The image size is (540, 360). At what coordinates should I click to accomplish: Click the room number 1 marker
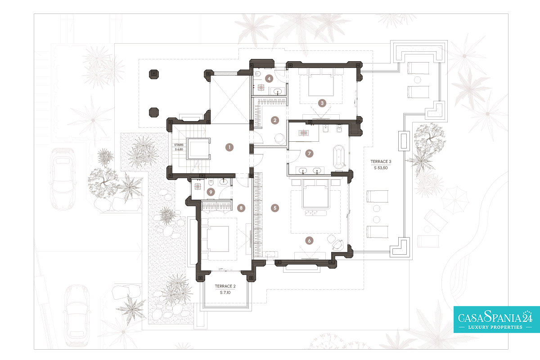229,147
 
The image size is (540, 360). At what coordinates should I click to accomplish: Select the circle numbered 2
274,120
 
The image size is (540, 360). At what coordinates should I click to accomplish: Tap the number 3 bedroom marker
322,103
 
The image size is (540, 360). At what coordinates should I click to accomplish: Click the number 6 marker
309,240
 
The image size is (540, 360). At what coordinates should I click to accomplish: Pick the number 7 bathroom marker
309,153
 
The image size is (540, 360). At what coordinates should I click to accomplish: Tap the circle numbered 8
241,208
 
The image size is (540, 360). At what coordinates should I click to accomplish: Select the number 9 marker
210,191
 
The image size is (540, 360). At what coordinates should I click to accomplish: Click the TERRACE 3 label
381,161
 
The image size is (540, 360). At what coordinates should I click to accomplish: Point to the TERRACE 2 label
225,286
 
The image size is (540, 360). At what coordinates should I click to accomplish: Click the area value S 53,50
381,167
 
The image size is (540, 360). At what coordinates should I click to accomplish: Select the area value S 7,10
225,292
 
